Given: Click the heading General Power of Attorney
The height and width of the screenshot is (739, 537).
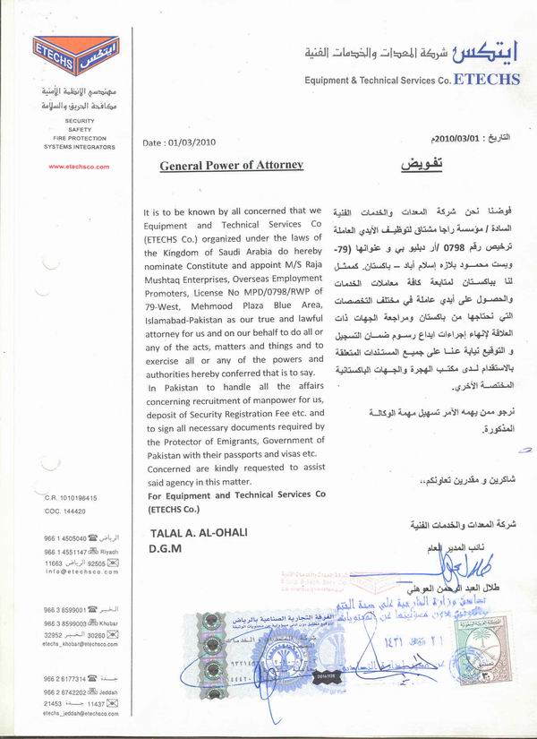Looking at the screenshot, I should tap(232, 165).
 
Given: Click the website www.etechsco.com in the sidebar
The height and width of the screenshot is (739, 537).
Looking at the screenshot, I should tap(79, 167).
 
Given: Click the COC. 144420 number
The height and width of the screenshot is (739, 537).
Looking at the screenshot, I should tap(65, 511).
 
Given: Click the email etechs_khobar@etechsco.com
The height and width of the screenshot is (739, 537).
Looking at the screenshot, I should tap(79, 642).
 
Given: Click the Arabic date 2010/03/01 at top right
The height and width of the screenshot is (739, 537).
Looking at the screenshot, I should tap(456, 138).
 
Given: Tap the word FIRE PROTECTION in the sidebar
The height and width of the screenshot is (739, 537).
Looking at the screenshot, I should tap(79, 138).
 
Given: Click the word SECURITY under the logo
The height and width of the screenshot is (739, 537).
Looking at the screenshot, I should tap(79, 120).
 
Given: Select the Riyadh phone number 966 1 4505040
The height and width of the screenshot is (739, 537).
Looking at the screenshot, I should tap(65, 538).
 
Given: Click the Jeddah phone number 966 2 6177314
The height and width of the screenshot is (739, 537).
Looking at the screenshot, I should tap(65, 679).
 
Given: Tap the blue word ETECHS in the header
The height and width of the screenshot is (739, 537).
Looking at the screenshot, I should tap(488, 79).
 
